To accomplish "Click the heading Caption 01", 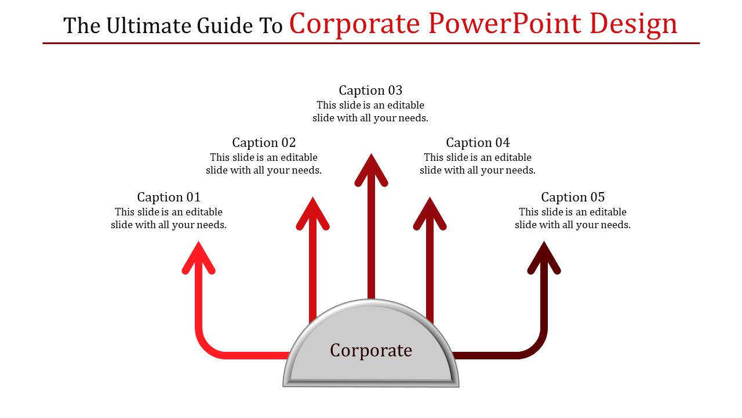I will click(x=169, y=197).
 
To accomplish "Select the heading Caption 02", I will click(x=264, y=142).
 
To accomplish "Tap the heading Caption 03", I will click(x=370, y=90).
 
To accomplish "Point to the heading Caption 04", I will click(x=478, y=142).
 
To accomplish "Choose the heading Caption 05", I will click(x=573, y=197).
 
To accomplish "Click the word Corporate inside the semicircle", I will click(x=371, y=350).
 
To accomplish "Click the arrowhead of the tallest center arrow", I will click(x=371, y=170).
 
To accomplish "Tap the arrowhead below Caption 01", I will click(x=199, y=257).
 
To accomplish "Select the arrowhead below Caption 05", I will click(x=544, y=257).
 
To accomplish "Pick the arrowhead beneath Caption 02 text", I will click(x=313, y=214).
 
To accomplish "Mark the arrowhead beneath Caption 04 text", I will click(x=430, y=214).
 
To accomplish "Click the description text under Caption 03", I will click(x=370, y=111).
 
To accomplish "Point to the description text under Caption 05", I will click(x=573, y=218).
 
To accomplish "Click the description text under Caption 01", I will click(x=169, y=218).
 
